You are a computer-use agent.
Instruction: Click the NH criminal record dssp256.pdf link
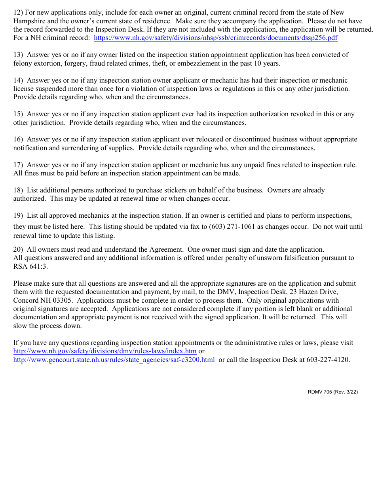click(x=216, y=38)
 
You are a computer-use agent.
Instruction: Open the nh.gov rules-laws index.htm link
click(x=105, y=351)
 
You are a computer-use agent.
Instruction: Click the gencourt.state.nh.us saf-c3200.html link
click(x=114, y=360)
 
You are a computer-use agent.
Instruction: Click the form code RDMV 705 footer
click(x=332, y=392)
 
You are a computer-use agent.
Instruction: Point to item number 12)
click(x=18, y=12)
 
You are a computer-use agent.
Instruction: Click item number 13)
click(x=18, y=55)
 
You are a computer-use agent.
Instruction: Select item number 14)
click(x=18, y=81)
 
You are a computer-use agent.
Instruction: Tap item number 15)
click(x=18, y=114)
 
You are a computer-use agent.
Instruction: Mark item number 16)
click(x=18, y=139)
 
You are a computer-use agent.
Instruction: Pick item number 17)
click(x=18, y=165)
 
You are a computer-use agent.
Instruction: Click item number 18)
click(x=18, y=190)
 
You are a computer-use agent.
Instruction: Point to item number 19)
click(x=18, y=216)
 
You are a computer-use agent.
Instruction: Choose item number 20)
click(x=18, y=250)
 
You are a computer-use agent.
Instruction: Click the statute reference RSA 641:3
click(x=30, y=267)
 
